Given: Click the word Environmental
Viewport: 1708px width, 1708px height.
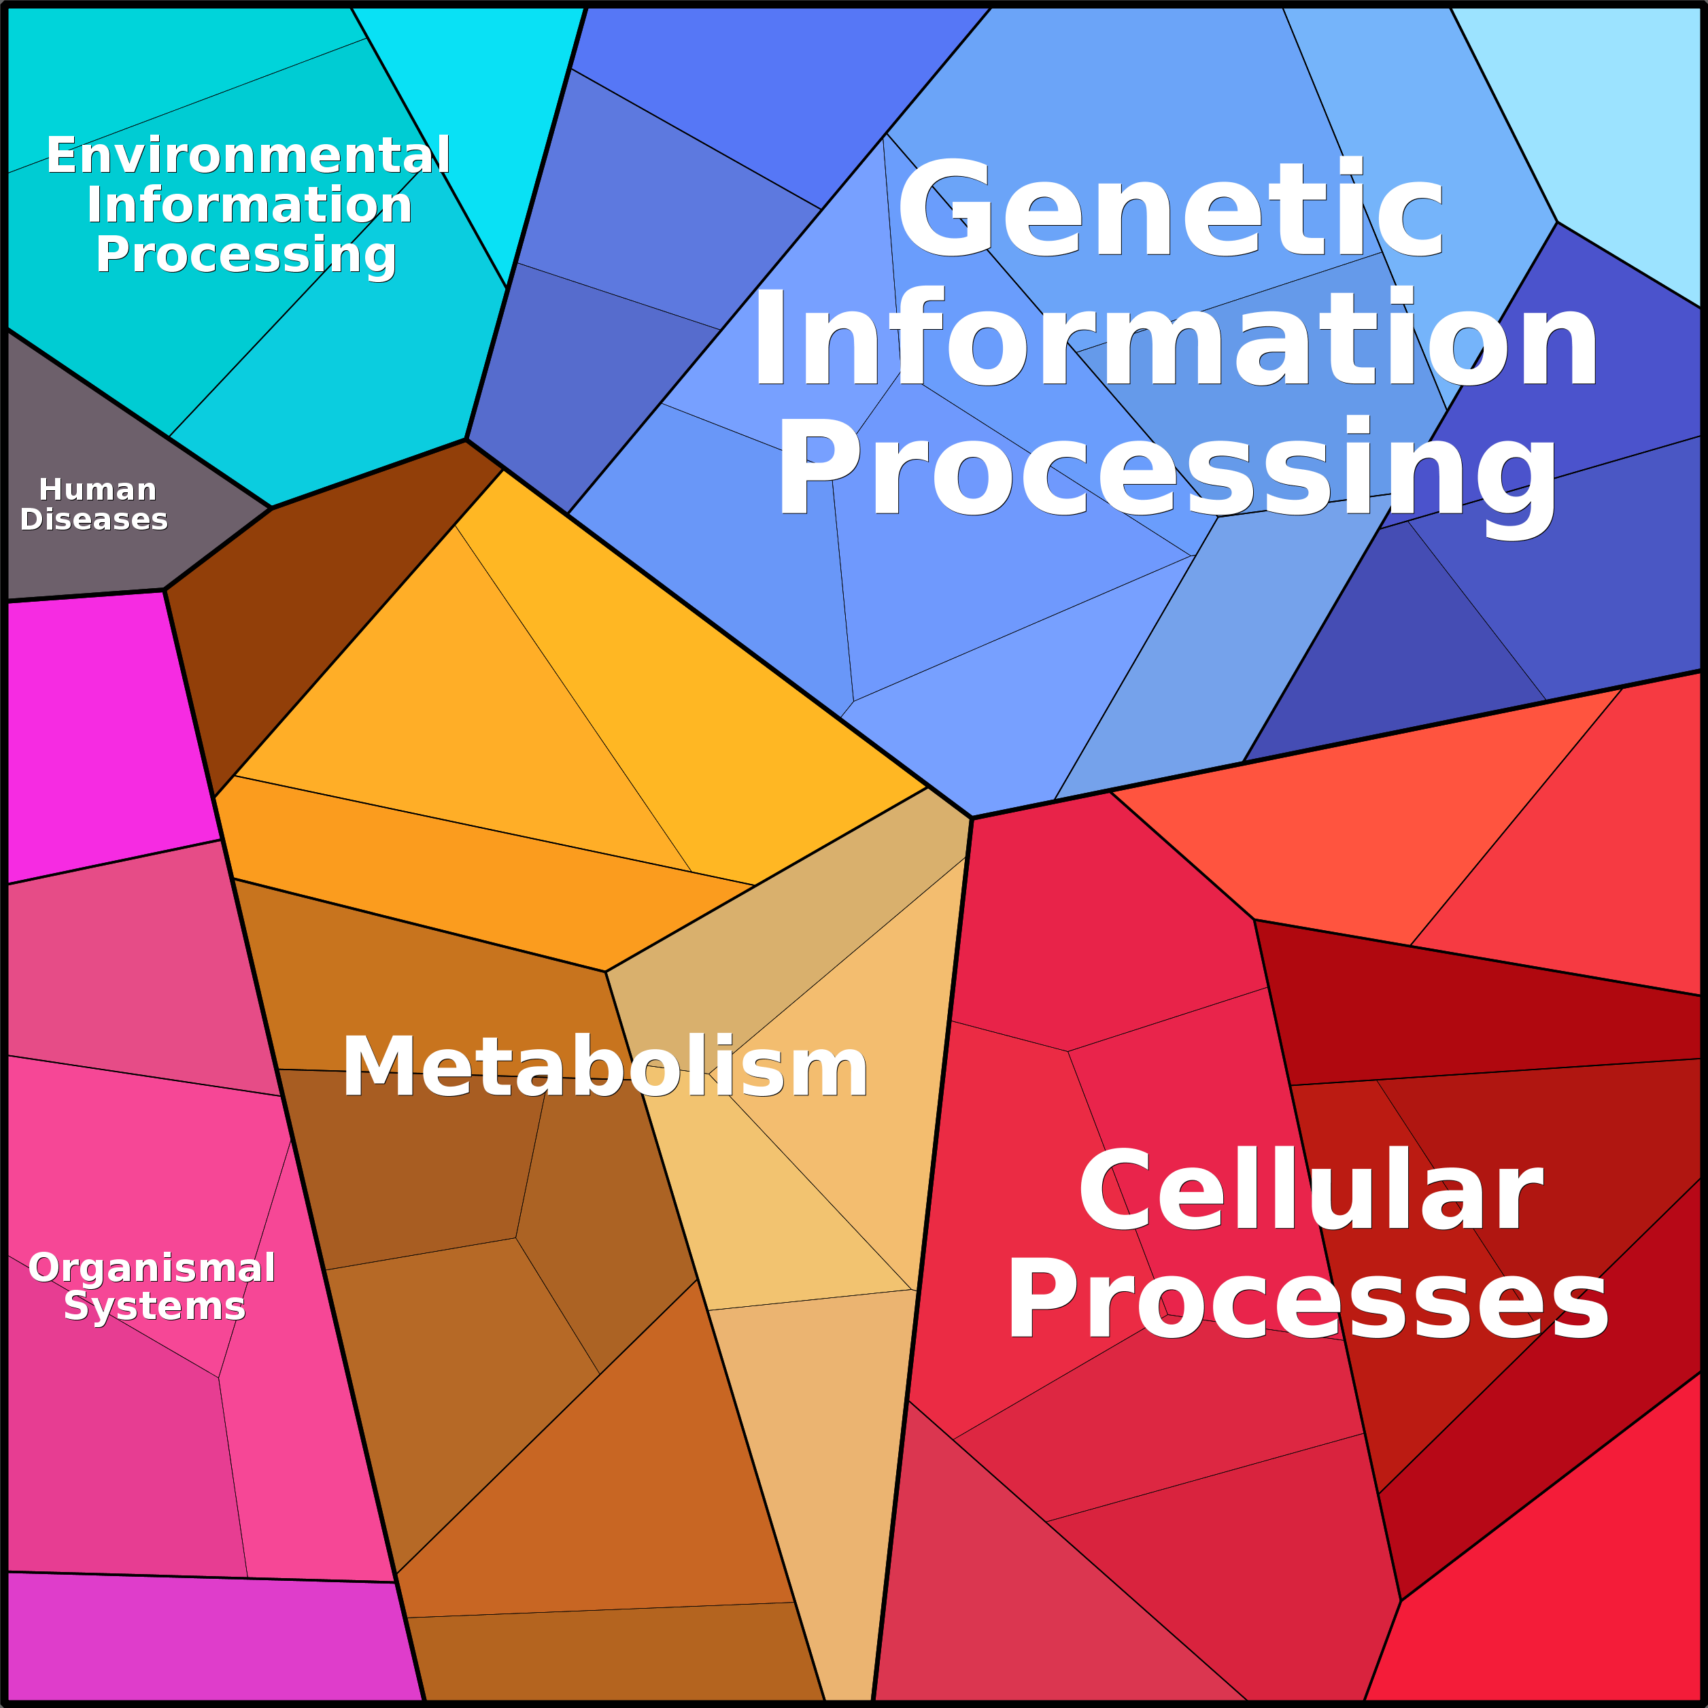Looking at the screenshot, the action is pyautogui.click(x=248, y=156).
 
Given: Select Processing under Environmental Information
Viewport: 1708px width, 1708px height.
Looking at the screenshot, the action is pyautogui.click(x=247, y=256).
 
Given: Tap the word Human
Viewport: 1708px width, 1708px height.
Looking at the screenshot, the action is pyautogui.click(x=97, y=489).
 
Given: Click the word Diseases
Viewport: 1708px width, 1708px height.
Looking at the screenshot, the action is pyautogui.click(x=94, y=519).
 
